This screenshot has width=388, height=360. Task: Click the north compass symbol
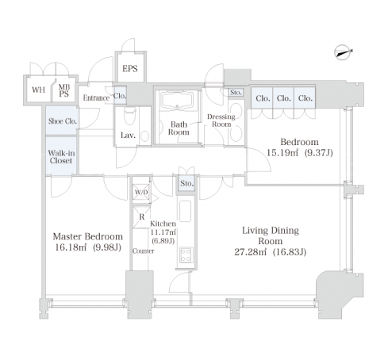click(343, 52)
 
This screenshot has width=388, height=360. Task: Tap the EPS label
click(130, 69)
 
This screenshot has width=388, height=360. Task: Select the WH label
click(39, 90)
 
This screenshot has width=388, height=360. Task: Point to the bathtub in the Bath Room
click(177, 100)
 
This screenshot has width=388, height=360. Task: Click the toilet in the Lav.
click(129, 115)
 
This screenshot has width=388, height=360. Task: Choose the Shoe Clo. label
click(63, 121)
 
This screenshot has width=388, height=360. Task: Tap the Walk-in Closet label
click(61, 157)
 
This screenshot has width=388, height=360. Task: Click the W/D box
click(141, 192)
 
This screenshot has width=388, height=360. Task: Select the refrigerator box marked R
click(141, 217)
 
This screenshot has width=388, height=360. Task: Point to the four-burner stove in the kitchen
click(186, 255)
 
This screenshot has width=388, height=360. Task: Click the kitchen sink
click(185, 211)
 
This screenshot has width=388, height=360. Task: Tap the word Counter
click(144, 251)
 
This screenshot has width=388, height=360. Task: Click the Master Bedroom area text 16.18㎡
click(71, 247)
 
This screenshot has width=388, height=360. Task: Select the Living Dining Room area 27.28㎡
click(251, 252)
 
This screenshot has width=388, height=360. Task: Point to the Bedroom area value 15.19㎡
click(282, 153)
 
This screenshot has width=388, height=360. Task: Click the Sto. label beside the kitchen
click(187, 183)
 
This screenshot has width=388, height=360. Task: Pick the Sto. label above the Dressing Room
click(236, 93)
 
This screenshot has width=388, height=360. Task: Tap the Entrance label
click(96, 98)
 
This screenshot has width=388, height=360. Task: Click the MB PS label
click(64, 90)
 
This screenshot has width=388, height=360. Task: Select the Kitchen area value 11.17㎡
click(163, 232)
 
